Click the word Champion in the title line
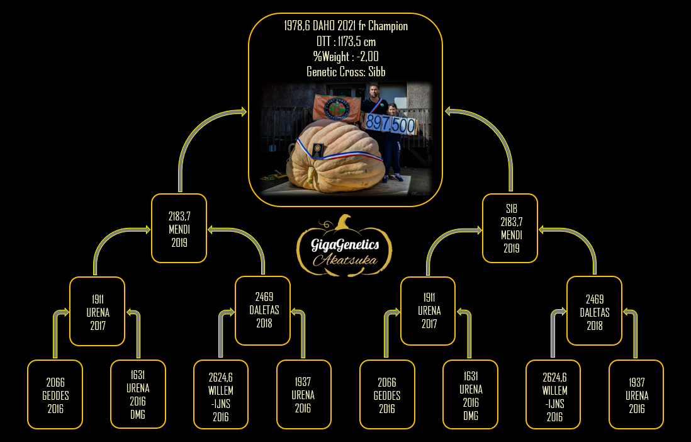[x=388, y=26]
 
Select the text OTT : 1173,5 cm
[x=346, y=42]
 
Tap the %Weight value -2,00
[x=368, y=57]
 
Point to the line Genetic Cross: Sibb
[x=346, y=71]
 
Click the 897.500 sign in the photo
[x=390, y=125]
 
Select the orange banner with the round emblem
[x=337, y=108]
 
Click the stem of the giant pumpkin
[x=311, y=176]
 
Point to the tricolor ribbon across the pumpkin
[x=339, y=151]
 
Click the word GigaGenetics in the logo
[x=345, y=244]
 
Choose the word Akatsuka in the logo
[x=345, y=259]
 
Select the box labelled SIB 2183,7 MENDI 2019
[x=510, y=228]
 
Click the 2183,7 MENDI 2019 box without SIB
[x=179, y=228]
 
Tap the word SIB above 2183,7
[x=511, y=208]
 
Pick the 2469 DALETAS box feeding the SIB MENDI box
[x=594, y=310]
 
